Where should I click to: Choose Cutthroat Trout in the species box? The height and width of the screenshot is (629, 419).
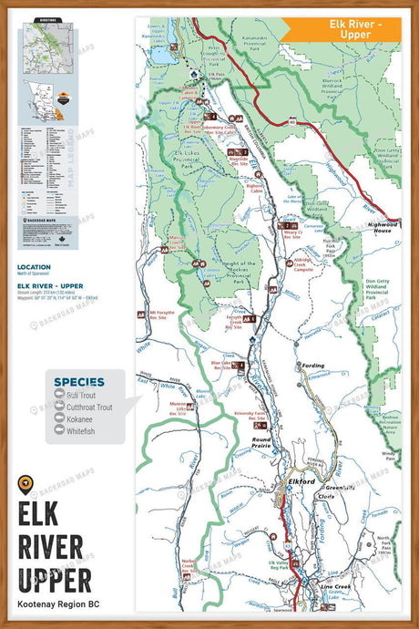pyautogui.click(x=88, y=407)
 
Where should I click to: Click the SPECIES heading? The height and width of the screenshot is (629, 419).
pyautogui.click(x=78, y=381)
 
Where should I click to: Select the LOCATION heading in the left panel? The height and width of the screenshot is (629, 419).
pyautogui.click(x=33, y=268)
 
